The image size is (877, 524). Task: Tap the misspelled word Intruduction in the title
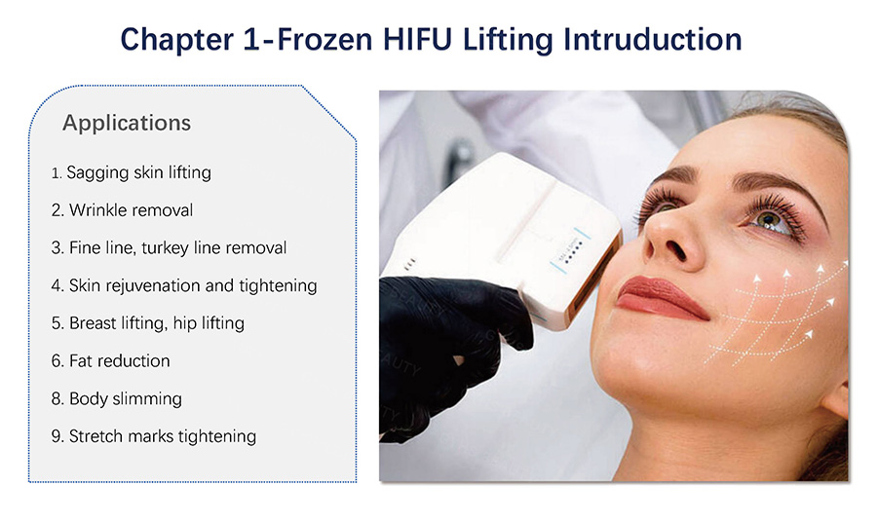[x=653, y=40]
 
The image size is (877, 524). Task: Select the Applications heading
[x=127, y=123]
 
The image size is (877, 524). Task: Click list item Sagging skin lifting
[x=131, y=172]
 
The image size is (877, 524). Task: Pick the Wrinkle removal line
[x=122, y=210]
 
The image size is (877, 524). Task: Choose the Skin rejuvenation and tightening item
[x=184, y=285]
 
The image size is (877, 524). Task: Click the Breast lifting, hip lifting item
[x=148, y=323]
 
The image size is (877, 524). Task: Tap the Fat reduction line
[x=110, y=361]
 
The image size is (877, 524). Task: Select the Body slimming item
[x=116, y=398]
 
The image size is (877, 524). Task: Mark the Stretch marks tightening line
[x=154, y=436]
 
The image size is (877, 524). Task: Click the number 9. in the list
[x=57, y=436]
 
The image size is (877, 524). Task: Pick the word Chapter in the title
[x=176, y=40]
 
